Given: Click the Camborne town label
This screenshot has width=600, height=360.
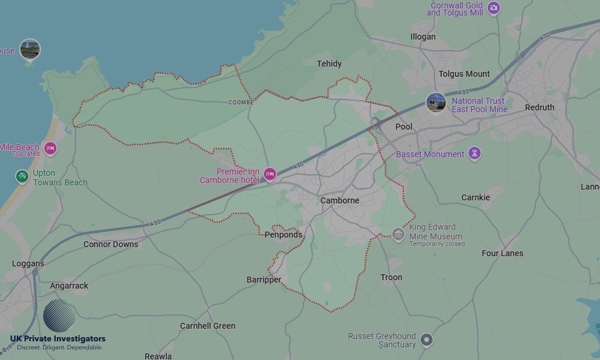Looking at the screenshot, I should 340,200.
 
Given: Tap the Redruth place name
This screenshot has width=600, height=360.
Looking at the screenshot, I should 539,107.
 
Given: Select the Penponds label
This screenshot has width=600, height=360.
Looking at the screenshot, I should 283,235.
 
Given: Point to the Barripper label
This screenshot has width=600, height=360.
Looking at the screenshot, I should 264,280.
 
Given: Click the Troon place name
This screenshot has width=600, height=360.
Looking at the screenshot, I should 391,277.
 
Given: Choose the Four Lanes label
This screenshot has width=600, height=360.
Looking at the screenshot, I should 502,253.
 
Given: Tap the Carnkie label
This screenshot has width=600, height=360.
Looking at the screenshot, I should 475,197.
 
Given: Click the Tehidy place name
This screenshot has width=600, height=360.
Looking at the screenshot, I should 329,64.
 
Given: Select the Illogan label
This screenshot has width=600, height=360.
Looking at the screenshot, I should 423,37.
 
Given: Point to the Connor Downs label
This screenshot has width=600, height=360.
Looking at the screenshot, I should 110,244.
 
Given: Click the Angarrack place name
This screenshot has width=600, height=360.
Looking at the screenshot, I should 69,286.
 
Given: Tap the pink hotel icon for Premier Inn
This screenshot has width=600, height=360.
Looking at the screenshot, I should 270,174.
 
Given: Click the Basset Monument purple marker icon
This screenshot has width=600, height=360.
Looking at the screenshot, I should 475,154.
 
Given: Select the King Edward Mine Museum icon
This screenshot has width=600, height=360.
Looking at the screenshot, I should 398,233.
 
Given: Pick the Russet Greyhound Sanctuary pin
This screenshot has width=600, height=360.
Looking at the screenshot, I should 426,340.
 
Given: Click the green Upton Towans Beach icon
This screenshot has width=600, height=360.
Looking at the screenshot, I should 22,176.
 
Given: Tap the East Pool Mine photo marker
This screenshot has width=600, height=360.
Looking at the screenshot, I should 436,103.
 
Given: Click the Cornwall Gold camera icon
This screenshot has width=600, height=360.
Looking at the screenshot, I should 493,8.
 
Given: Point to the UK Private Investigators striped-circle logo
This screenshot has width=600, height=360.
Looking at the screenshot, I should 59,315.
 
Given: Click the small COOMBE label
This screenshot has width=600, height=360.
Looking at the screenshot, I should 241,103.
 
